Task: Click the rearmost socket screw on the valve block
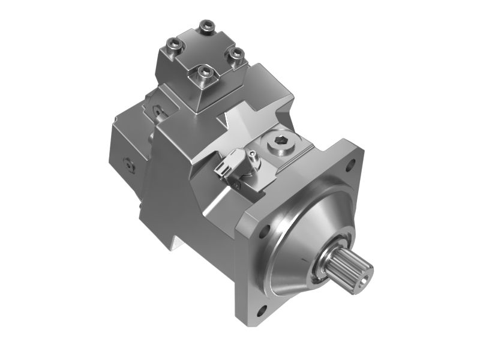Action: point(207,26)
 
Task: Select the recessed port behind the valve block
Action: point(157,110)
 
